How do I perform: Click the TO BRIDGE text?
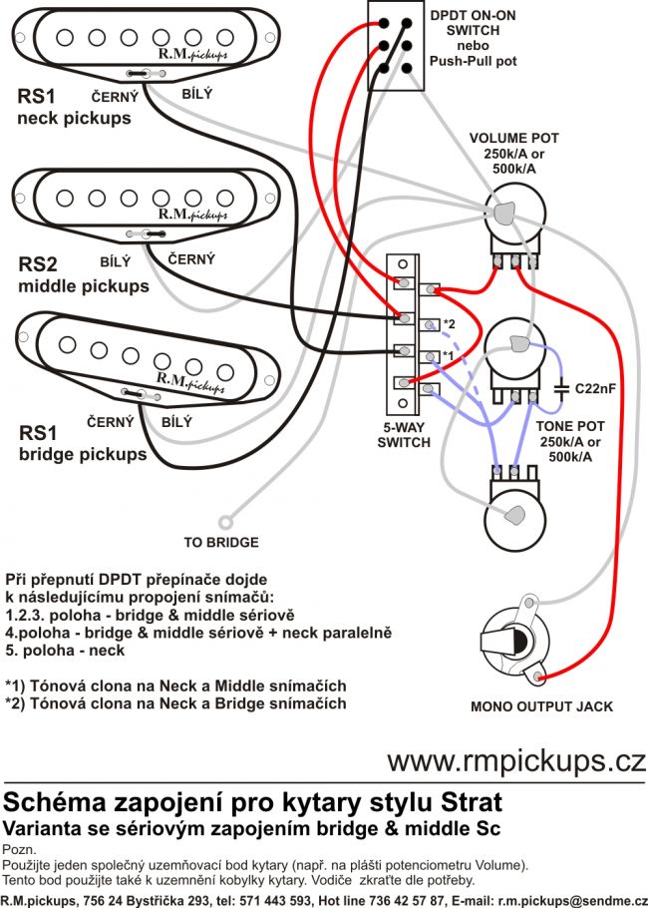click(221, 543)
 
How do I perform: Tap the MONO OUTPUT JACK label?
click(541, 706)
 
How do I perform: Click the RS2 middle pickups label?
click(83, 275)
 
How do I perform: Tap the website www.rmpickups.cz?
click(515, 761)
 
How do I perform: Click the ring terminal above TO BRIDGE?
click(227, 519)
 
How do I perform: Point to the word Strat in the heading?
click(469, 801)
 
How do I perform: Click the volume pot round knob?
click(507, 213)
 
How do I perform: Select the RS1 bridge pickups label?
click(82, 444)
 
